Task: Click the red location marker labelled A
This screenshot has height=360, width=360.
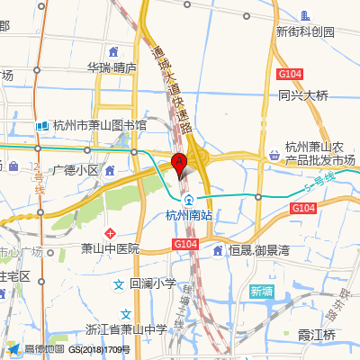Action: pos(178,164)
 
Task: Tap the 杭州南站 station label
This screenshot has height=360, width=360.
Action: pos(189,215)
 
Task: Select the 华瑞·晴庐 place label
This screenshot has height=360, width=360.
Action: pos(112,67)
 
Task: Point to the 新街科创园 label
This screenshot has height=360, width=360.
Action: pos(305,31)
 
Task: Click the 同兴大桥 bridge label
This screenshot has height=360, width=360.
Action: pos(303,94)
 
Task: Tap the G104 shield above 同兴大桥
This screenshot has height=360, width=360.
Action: pos(290,74)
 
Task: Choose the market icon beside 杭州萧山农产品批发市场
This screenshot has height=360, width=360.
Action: pos(274,154)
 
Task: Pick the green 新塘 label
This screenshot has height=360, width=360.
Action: pos(261,291)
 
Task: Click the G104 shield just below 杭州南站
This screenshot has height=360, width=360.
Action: pos(184,244)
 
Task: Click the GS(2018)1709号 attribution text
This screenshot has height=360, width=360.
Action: pos(99,349)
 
